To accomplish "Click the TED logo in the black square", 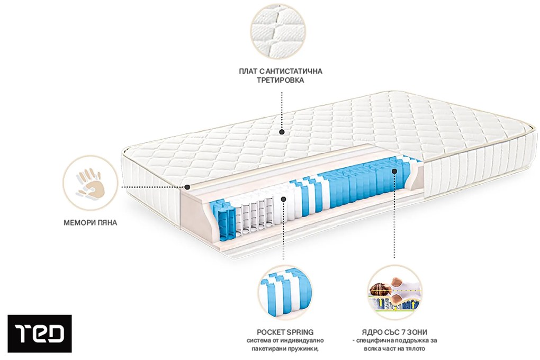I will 39,334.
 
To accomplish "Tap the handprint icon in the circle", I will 88,183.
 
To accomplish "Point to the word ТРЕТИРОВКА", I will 281,81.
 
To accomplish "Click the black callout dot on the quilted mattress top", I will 282,132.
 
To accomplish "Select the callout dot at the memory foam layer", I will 187,187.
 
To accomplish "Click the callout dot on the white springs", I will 284,199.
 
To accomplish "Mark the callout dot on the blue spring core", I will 394,171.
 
